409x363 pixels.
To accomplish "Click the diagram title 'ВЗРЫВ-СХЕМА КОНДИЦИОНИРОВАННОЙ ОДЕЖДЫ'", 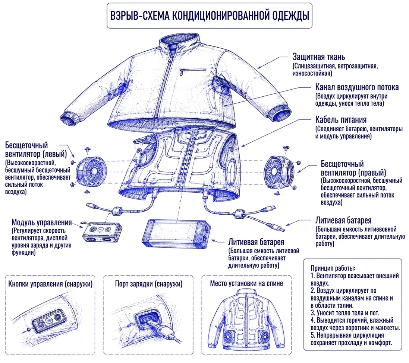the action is [x=210, y=15].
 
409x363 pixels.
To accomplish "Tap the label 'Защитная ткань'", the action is [x=318, y=57].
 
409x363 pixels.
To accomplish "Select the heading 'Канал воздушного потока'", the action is [x=357, y=87].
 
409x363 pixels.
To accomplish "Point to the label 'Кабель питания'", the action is [x=341, y=120].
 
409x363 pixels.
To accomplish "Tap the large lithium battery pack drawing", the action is [x=176, y=234].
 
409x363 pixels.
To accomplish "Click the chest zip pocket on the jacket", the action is [x=193, y=71].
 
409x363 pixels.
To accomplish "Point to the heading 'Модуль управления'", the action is [x=42, y=222].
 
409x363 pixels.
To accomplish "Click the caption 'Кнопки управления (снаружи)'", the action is [x=50, y=284].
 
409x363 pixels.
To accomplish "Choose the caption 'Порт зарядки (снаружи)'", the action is [x=149, y=284].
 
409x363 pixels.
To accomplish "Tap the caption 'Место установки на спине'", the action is [x=246, y=283].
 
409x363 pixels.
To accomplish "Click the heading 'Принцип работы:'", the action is [x=333, y=268].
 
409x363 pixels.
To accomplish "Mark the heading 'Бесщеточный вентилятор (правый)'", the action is [x=353, y=168].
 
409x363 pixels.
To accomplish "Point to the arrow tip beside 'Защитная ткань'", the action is [x=258, y=68].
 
